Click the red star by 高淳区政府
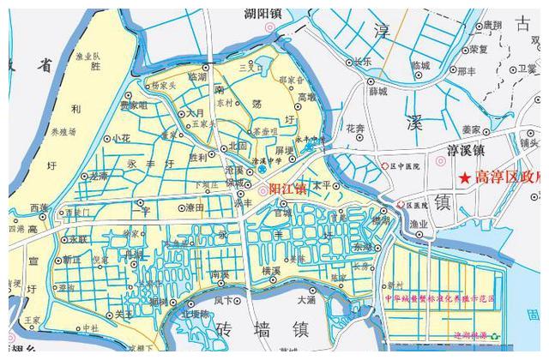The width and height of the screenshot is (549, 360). point(464,178)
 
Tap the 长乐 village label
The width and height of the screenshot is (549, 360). point(362,62)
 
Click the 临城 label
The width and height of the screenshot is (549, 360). point(420,65)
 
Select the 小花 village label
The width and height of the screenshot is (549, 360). point(121,137)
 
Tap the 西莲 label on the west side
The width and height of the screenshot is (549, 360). point(39,207)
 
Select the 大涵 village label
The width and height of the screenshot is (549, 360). point(306,300)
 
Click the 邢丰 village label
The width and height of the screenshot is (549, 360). point(468,71)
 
